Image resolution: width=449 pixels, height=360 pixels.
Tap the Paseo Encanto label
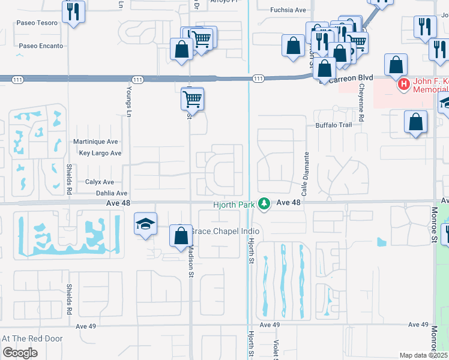click(41, 46)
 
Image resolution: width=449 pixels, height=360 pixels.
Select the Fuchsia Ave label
click(288, 10)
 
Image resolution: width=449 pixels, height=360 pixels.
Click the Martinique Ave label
click(94, 142)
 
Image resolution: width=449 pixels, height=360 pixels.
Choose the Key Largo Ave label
click(100, 153)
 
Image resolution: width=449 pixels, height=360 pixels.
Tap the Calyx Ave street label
click(99, 182)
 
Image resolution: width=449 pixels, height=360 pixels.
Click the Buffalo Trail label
click(333, 125)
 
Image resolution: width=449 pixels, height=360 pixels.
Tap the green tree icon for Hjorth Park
click(264, 204)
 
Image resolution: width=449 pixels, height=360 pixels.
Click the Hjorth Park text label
click(234, 205)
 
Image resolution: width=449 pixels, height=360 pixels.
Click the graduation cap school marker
click(145, 224)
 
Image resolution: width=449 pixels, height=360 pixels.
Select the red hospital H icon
click(404, 85)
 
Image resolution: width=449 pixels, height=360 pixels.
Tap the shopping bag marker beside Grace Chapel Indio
click(181, 236)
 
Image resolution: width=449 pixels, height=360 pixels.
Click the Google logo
click(20, 352)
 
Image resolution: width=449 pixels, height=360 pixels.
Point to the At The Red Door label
click(32, 338)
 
